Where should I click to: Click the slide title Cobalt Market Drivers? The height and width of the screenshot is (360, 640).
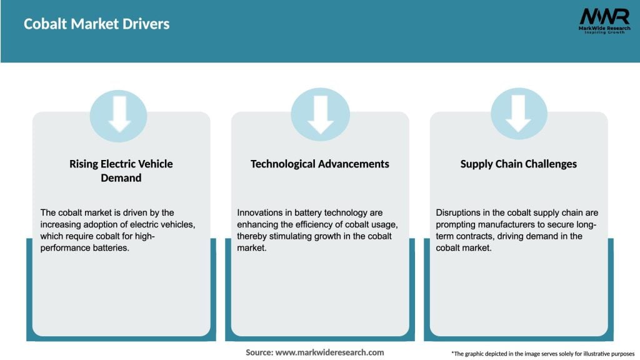(x=97, y=24)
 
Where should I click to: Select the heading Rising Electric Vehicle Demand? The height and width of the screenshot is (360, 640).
(x=121, y=171)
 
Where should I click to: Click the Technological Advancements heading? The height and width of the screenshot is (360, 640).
(x=320, y=164)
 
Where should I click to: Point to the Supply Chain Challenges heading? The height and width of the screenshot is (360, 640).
(x=519, y=164)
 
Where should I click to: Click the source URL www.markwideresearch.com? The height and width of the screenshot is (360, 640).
(x=330, y=352)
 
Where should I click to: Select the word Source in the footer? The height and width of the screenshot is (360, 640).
(x=259, y=352)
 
